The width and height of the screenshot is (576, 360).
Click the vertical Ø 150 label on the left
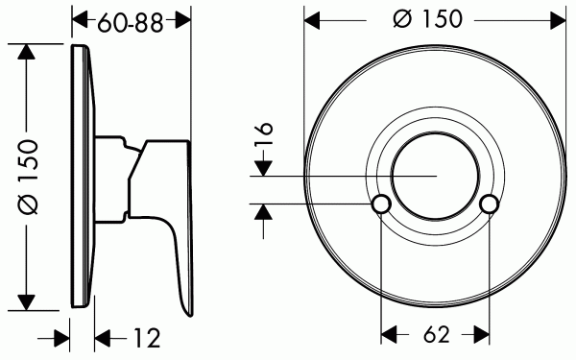pyautogui.click(x=28, y=176)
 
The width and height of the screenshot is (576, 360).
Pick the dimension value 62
pyautogui.click(x=435, y=336)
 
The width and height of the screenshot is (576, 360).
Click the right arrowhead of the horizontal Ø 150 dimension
pyautogui.click(x=556, y=18)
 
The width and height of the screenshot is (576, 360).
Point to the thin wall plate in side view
pyautogui.click(x=84, y=176)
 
